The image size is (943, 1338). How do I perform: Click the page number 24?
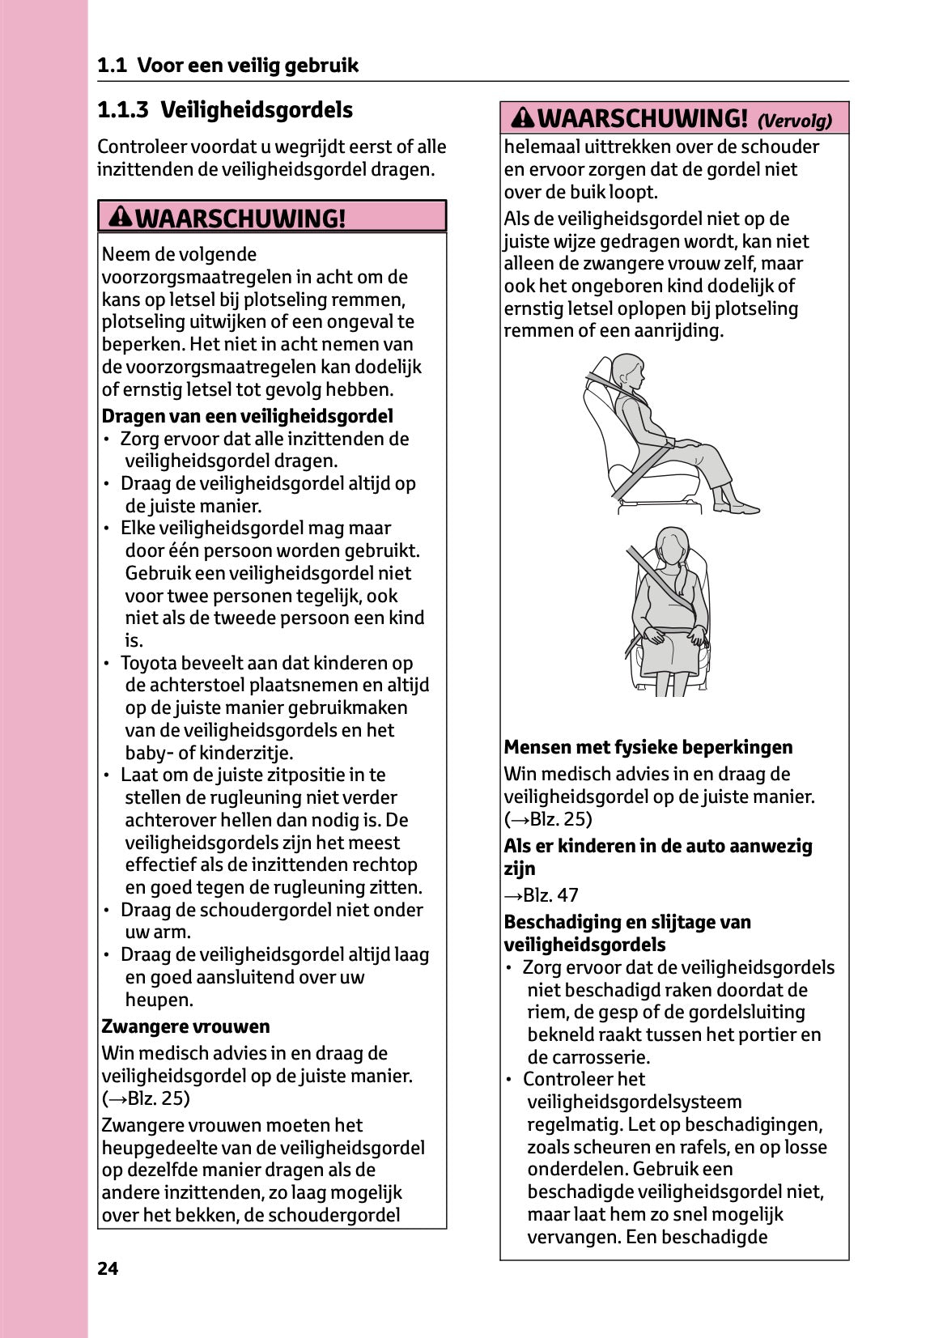click(x=108, y=1268)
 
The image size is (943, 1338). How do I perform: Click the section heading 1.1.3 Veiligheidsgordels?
click(x=225, y=110)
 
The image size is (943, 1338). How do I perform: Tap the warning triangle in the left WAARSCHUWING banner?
click(x=121, y=217)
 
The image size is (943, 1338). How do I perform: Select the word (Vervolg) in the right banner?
click(x=794, y=121)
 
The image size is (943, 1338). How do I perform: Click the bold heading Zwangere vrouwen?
click(x=185, y=1026)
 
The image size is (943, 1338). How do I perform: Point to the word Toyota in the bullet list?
click(x=148, y=663)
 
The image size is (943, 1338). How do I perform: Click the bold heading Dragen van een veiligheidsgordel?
click(x=247, y=416)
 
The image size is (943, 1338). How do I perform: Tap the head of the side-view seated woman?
click(x=627, y=372)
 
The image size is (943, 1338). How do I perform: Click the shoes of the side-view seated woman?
click(x=737, y=507)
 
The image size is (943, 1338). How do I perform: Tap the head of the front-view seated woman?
click(x=671, y=547)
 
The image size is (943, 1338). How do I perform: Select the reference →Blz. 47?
click(x=541, y=895)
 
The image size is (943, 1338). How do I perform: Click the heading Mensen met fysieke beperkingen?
click(x=648, y=747)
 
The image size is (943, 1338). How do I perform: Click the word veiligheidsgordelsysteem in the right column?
click(x=634, y=1102)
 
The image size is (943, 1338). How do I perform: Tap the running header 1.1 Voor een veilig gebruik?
click(x=227, y=66)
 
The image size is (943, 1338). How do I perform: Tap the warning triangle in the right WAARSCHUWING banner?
click(x=523, y=118)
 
